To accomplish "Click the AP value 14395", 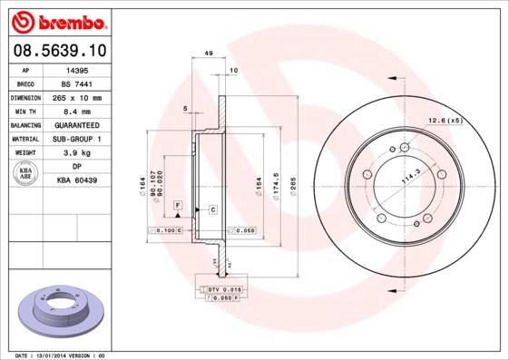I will click(x=77, y=68).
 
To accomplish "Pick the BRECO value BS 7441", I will click(x=77, y=83).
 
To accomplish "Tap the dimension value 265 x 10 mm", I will click(x=77, y=97).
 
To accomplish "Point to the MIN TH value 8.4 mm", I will click(x=77, y=111).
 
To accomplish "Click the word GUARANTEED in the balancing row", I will click(x=77, y=125).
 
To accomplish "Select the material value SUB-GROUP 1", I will click(x=77, y=139).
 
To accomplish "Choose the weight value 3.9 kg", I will click(x=77, y=153).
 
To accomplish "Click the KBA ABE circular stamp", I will click(x=26, y=173).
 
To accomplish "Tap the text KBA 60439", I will click(x=77, y=181).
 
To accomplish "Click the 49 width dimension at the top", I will click(x=209, y=54).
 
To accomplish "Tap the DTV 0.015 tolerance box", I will click(x=221, y=288).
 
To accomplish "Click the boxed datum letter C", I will click(x=212, y=209).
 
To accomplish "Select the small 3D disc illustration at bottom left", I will click(x=61, y=314).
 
